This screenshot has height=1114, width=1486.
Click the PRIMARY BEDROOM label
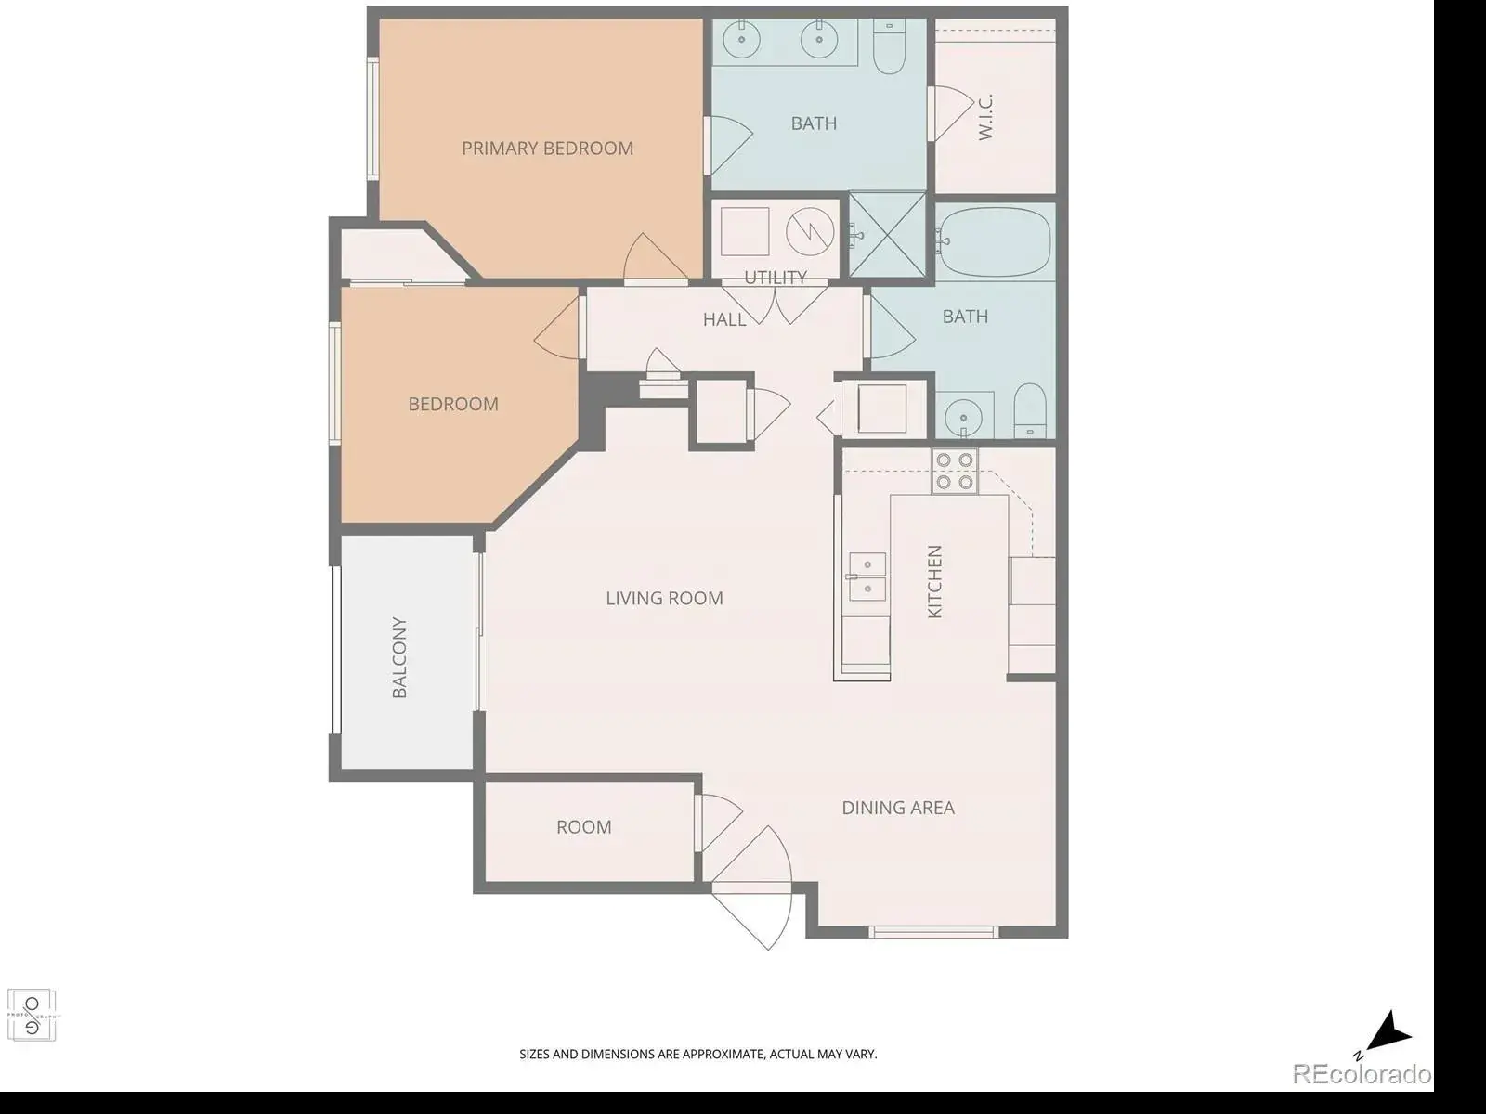(x=547, y=149)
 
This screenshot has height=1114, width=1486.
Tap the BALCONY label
(x=399, y=656)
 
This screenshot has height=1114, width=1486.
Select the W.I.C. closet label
(x=985, y=117)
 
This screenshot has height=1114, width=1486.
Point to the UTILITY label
(x=776, y=278)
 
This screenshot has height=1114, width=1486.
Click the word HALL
(x=724, y=319)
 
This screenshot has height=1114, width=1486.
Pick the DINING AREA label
(x=898, y=807)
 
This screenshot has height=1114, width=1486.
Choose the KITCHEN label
(x=934, y=581)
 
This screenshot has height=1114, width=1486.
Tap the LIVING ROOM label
(x=664, y=598)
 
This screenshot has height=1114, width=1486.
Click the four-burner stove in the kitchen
(x=955, y=471)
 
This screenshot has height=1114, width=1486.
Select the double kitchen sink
(x=867, y=576)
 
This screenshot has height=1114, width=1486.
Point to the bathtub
(x=994, y=241)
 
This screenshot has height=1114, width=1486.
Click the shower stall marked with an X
(x=887, y=235)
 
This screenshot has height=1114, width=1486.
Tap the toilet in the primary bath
(x=890, y=46)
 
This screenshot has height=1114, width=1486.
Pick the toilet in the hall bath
(x=1030, y=410)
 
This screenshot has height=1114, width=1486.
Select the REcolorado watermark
(x=1362, y=1074)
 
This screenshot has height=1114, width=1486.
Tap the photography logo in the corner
(x=32, y=1016)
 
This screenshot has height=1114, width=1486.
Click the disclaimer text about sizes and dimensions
(x=698, y=1054)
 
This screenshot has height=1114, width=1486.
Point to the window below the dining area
(x=933, y=932)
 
